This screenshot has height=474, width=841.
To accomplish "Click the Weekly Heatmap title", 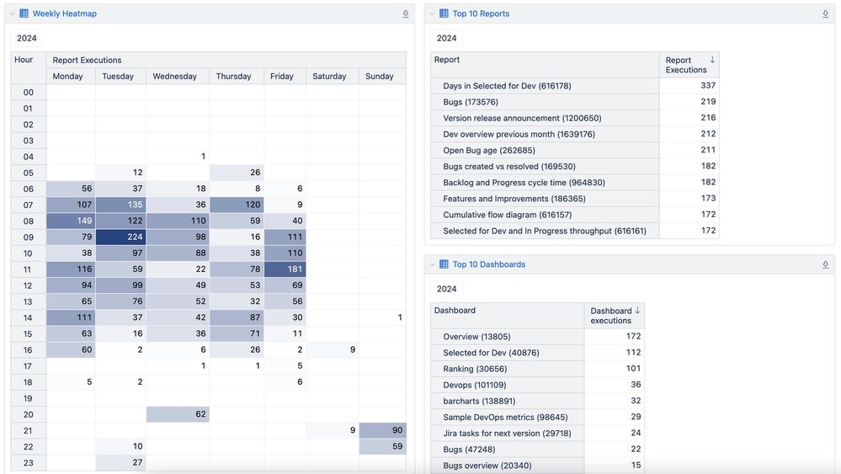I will (65, 13).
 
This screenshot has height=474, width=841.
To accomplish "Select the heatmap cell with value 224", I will (120, 237).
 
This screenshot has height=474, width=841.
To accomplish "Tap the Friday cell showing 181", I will (285, 269).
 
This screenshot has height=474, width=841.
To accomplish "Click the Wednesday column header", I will (174, 76).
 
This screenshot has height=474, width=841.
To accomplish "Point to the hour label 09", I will (28, 237).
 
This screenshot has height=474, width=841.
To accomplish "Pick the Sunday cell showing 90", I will (383, 430).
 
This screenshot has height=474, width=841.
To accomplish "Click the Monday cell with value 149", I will (71, 221).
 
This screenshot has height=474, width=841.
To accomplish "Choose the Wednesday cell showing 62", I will (178, 414).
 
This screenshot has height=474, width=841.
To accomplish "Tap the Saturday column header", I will (329, 76).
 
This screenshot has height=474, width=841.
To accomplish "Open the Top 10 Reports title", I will (481, 13).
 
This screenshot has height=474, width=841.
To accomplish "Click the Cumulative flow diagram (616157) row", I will (499, 215).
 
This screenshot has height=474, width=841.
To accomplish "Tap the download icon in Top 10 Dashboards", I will (825, 264).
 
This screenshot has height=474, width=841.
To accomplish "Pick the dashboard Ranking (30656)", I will (475, 369).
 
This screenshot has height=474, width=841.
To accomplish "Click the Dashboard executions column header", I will (612, 315).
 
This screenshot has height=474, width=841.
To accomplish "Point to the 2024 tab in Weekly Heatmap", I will (27, 38).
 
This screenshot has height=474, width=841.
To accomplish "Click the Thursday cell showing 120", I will (237, 205).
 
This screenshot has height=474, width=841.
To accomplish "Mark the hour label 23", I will (28, 462).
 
